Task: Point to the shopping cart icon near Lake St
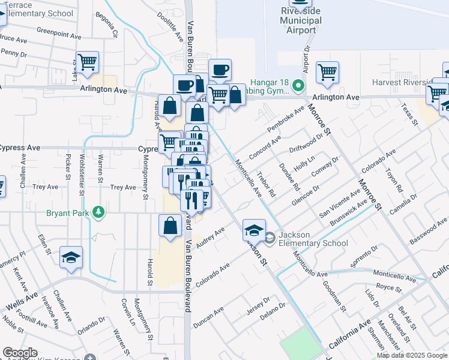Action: pyautogui.click(x=88, y=62)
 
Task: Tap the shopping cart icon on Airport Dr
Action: pyautogui.click(x=327, y=72)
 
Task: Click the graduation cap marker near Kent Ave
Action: pyautogui.click(x=71, y=259)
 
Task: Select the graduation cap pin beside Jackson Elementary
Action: pyautogui.click(x=254, y=230)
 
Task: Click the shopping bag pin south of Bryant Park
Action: pyautogui.click(x=170, y=226)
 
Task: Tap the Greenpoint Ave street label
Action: pyautogui.click(x=58, y=31)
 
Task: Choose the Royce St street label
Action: pyautogui.click(x=390, y=288)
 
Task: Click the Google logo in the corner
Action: pyautogui.click(x=20, y=352)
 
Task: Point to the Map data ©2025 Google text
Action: pyautogui.click(x=411, y=355)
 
